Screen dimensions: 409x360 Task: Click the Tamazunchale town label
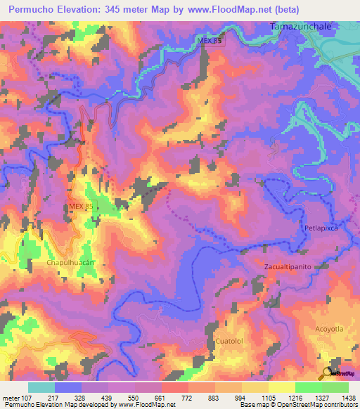[x=300, y=26]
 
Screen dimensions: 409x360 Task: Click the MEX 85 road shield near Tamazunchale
[x=210, y=41]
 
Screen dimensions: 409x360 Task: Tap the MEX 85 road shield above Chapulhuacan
[x=81, y=206]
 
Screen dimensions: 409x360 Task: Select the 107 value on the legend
[x=30, y=398]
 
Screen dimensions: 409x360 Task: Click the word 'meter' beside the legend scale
[x=11, y=398]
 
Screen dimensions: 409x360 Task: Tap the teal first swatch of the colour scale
[x=41, y=387]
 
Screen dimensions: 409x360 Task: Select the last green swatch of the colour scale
[x=335, y=387]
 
